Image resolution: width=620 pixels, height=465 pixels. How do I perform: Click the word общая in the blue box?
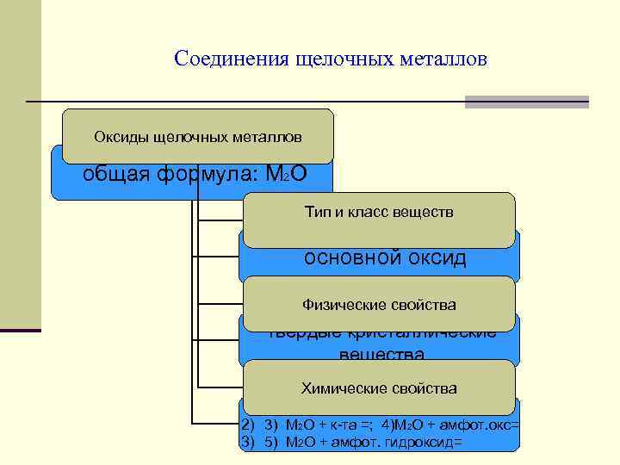click(116, 174)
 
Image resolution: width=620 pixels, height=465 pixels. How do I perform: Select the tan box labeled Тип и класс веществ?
click(379, 212)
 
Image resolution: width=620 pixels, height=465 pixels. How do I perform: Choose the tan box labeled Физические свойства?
click(379, 304)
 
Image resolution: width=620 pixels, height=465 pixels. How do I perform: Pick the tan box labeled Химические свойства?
click(379, 387)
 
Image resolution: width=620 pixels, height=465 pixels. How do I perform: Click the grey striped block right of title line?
click(526, 102)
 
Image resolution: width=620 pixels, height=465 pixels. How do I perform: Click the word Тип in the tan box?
click(316, 212)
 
